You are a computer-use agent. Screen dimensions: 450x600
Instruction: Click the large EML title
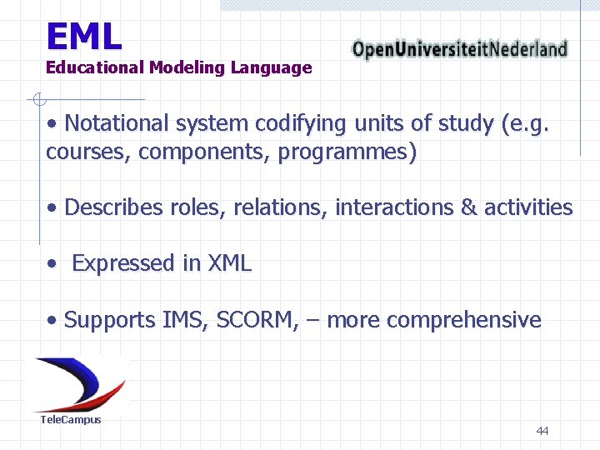tap(83, 36)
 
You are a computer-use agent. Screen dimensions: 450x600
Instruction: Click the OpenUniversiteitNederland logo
tap(459, 49)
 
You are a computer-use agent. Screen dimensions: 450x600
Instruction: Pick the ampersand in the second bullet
tap(468, 207)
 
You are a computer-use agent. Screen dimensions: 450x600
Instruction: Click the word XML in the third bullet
tap(228, 263)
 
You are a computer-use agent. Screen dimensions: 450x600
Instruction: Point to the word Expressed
tap(124, 263)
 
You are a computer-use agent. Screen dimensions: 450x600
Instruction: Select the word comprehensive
tap(463, 321)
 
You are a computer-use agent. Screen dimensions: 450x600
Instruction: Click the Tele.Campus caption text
tap(71, 420)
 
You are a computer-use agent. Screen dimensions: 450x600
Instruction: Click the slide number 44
tap(542, 431)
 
